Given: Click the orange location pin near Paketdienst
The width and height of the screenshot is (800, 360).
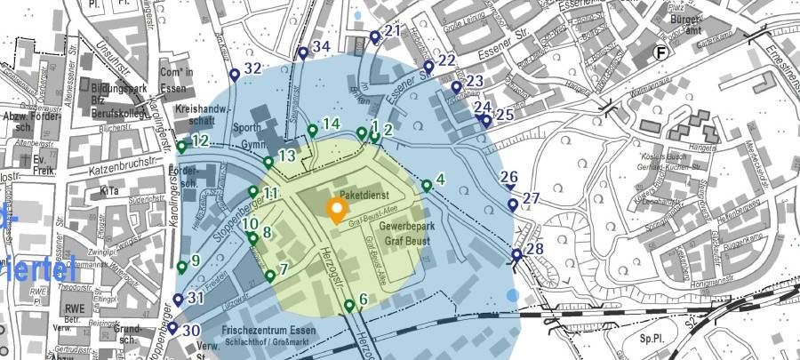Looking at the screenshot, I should coord(336,211).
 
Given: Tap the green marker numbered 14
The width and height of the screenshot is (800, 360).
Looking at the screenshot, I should coord(313,132).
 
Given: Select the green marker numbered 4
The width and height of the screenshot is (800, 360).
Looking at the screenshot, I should coord(427,186).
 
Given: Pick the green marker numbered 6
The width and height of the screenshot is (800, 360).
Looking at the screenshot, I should coord(349,307).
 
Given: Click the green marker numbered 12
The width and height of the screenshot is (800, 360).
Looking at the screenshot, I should coord(181,147).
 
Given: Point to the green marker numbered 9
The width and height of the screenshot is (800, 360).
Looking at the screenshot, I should coord(182,267).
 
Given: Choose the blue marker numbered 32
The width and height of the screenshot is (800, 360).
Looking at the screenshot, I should coord(235,75).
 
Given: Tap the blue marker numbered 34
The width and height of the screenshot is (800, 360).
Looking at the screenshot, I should coord(302,52).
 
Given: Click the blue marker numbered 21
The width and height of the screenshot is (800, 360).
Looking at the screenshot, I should coord(374,36).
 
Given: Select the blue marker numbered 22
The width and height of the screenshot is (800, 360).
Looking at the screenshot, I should coord(428,67).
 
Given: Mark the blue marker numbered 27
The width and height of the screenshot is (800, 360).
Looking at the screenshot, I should coord(513,204).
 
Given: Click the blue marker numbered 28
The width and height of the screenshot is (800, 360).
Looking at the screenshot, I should coord(516,256).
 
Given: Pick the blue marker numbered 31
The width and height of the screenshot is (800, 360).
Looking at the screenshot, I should coord(178,300).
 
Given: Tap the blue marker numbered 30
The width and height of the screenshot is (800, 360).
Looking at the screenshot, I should coord(172,328).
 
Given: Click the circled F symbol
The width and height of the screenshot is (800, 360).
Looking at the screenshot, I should coord(660,52).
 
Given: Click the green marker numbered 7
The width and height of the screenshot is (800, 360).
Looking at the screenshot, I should coord(270,276).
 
